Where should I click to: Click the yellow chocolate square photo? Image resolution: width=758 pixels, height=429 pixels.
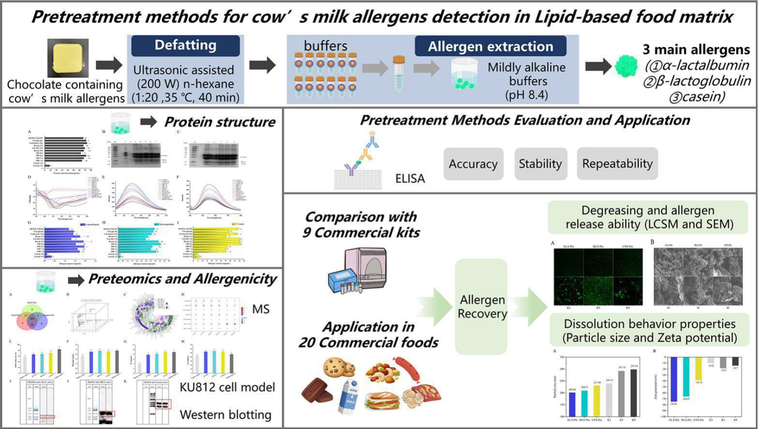68,58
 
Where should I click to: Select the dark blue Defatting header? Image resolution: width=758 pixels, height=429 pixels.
186,45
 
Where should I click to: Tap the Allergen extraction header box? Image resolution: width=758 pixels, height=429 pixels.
490,47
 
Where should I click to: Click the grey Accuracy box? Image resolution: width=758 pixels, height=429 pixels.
473,164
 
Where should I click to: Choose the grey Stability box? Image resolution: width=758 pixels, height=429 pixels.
540,164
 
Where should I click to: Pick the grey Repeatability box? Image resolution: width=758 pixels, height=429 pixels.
617,164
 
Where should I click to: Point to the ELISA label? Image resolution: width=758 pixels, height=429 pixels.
410,179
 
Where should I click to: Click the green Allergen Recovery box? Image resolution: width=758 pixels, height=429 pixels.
482,306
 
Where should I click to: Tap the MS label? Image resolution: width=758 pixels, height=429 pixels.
261,309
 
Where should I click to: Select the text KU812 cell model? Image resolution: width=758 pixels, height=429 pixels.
227,387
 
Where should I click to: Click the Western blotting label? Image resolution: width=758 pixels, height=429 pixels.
226,415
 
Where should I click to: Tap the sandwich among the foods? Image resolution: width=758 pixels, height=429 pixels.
380,400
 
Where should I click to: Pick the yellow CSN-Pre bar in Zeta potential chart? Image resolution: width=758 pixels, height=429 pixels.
698,369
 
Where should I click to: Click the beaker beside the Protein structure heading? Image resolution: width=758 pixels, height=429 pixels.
120,123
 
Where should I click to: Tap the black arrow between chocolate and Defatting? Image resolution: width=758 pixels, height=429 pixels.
109,65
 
